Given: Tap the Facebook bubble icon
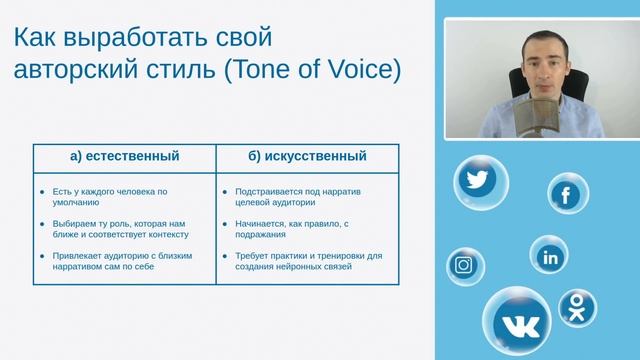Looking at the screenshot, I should point(567,194).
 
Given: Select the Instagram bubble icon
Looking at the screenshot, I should point(464,265).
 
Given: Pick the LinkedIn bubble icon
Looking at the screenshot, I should point(549,256).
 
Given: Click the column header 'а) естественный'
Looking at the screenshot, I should point(125,156).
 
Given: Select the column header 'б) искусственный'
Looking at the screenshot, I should point(306,156).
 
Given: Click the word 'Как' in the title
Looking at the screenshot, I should point(40,38).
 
